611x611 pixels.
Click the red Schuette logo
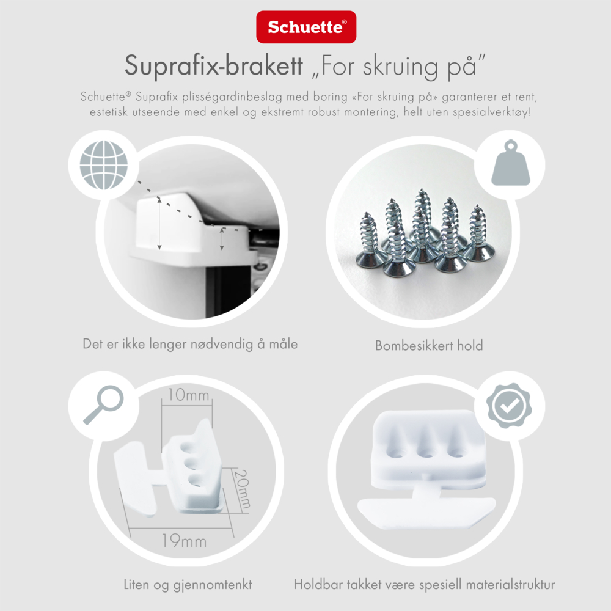coord(306,27)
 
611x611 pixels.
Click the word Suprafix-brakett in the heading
coord(213,65)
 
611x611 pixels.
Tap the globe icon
coord(104,165)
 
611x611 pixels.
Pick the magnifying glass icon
coord(104,405)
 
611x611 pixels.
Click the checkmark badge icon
coord(509,406)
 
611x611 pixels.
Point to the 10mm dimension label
coord(189,395)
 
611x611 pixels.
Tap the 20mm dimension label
coord(243,489)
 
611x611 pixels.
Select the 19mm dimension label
coord(184,541)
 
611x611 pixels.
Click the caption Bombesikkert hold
coord(429,346)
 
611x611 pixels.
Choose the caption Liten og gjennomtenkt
coord(188,585)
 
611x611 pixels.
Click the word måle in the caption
coord(284,344)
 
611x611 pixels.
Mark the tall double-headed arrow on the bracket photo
coord(159,224)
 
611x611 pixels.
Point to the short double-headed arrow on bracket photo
coord(222,239)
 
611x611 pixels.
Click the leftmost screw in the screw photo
coord(369,240)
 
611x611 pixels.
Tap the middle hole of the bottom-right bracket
coord(426,453)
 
